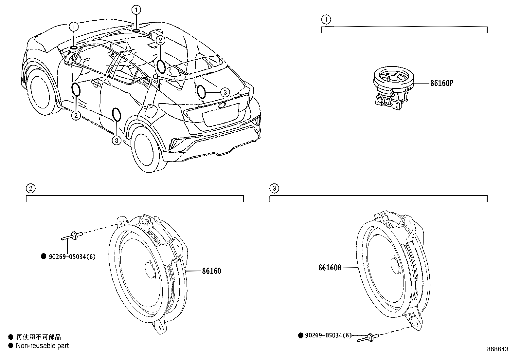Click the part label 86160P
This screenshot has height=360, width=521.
pyautogui.click(x=441, y=83)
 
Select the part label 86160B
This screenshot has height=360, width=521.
pyautogui.click(x=330, y=268)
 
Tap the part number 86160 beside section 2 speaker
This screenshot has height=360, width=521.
pyautogui.click(x=211, y=271)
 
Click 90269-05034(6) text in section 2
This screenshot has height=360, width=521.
pyautogui.click(x=72, y=256)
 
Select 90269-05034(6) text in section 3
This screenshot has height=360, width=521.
pyautogui.click(x=328, y=335)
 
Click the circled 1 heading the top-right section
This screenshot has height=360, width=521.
pyautogui.click(x=326, y=20)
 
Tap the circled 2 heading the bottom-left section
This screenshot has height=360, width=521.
pyautogui.click(x=30, y=188)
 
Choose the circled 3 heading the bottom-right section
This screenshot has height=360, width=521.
pyautogui.click(x=274, y=188)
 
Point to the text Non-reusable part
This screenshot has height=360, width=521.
pyautogui.click(x=43, y=345)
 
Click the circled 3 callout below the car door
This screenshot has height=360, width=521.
pyautogui.click(x=117, y=141)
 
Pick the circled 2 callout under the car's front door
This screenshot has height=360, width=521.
pyautogui.click(x=76, y=115)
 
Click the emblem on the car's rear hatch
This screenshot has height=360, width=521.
pyautogui.click(x=222, y=105)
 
